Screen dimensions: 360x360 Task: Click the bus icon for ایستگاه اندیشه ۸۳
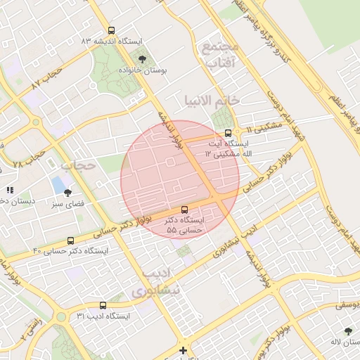tap(112, 30)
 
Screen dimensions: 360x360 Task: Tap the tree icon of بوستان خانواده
tap(143, 59)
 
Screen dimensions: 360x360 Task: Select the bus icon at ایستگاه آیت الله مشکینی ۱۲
tap(228, 133)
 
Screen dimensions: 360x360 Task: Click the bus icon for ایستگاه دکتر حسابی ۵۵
tap(184, 209)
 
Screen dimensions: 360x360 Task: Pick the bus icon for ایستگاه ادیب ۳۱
tap(103, 305)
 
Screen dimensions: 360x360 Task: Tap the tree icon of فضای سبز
tap(67, 193)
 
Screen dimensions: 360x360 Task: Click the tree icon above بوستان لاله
tap(349, 330)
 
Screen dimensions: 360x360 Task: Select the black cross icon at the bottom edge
tap(184, 350)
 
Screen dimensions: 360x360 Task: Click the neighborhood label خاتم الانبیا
tap(212, 100)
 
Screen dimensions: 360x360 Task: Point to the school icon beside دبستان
tap(10, 190)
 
